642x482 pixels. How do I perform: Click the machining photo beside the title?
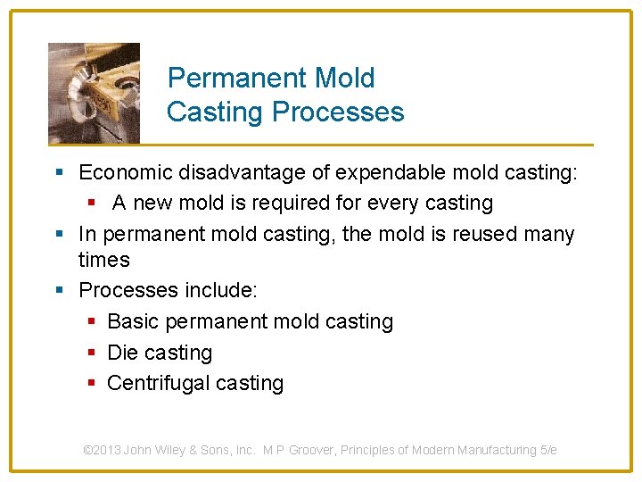94,93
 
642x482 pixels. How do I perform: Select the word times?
104,261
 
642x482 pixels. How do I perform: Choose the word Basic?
132,321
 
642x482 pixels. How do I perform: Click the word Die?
122,353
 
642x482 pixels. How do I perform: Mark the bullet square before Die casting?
92,353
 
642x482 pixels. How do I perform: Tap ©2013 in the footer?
102,450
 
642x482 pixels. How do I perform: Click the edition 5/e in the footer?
548,450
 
